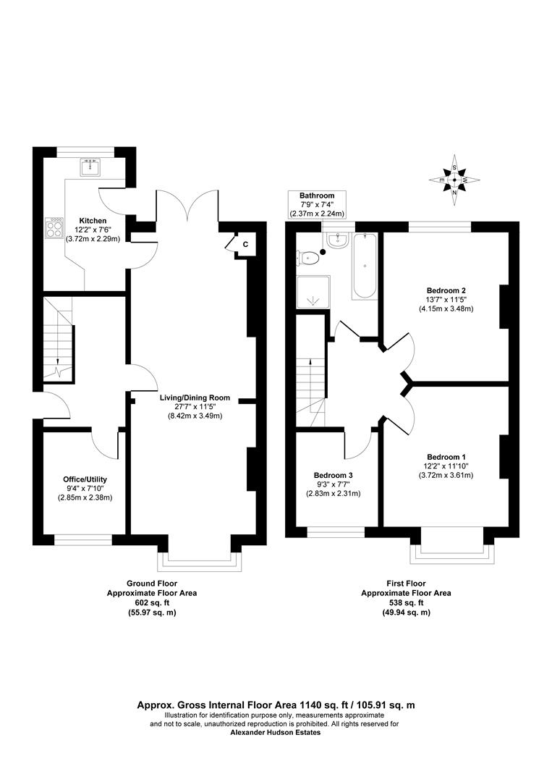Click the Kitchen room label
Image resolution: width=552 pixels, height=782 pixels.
[93, 220]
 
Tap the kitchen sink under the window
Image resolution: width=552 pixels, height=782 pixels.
[91, 167]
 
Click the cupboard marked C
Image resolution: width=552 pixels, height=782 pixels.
[245, 245]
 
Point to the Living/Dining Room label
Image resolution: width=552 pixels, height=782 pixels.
[195, 398]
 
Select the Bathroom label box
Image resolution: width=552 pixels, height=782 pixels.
[317, 205]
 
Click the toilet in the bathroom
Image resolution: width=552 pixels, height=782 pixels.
[310, 256]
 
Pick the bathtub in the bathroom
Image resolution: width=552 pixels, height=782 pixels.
[364, 266]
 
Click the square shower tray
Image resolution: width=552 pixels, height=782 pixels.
[313, 293]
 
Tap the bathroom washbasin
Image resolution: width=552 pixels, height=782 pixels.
[338, 241]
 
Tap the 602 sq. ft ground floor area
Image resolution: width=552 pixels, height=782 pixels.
[152, 602]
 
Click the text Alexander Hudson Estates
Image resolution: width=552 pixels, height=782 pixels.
[275, 732]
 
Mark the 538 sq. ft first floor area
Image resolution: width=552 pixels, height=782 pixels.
[406, 602]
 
